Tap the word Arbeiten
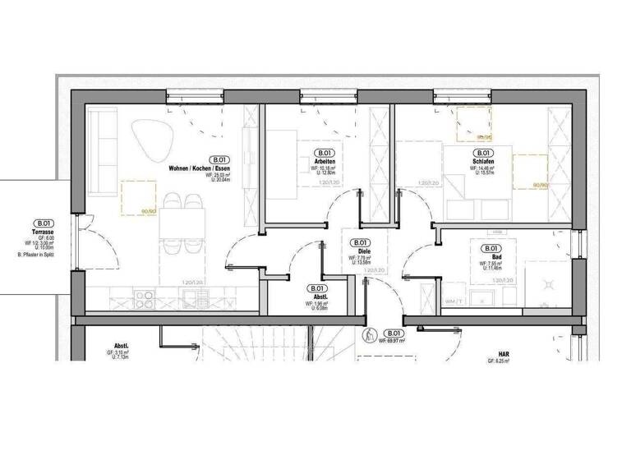pos(323,161)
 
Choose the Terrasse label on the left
pos(43,232)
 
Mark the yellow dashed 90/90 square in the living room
pos(139,198)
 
